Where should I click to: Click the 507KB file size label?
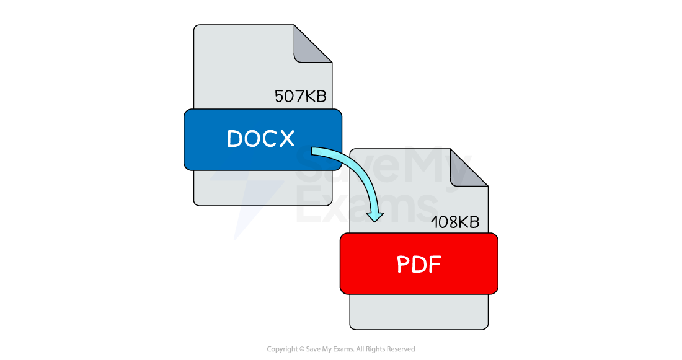300,96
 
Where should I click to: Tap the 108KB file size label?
455,222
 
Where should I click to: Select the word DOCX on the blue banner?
261,139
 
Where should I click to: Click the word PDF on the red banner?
419,264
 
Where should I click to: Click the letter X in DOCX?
286,139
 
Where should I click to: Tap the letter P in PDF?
404,265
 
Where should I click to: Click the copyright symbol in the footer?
302,349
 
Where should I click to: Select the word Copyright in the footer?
282,349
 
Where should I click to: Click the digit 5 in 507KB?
279,96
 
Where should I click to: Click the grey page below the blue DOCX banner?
263,188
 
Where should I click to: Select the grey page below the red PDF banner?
419,312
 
